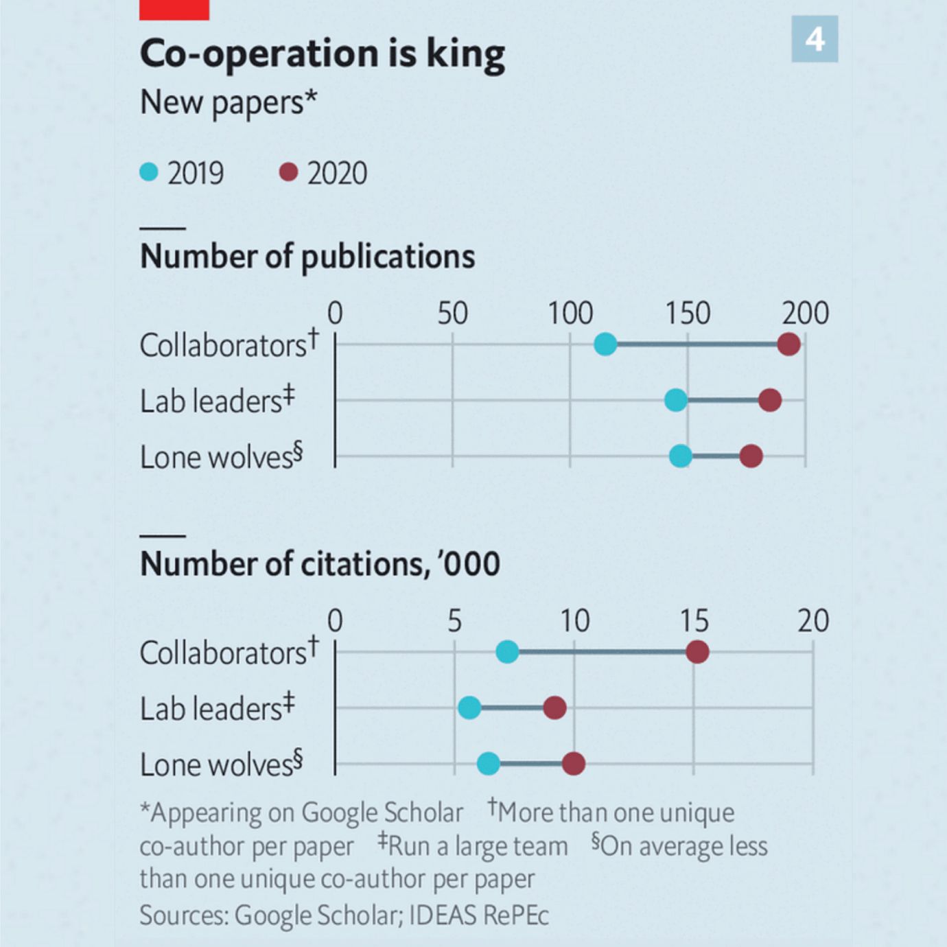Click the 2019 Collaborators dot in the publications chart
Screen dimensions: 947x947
pyautogui.click(x=605, y=344)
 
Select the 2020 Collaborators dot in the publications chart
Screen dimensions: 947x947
pyautogui.click(x=788, y=344)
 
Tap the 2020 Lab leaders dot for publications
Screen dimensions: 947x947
pyautogui.click(x=770, y=400)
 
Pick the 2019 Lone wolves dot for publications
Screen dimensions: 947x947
pyautogui.click(x=680, y=456)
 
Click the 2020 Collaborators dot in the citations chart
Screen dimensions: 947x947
pyautogui.click(x=697, y=652)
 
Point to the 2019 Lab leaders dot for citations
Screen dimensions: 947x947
pyautogui.click(x=469, y=708)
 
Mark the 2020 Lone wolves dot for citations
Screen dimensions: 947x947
pyautogui.click(x=573, y=763)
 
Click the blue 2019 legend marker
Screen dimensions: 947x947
pyautogui.click(x=149, y=172)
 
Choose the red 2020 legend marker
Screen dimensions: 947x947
pyautogui.click(x=288, y=172)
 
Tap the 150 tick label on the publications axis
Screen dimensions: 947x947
pyautogui.click(x=688, y=314)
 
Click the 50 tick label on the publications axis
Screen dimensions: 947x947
pyautogui.click(x=452, y=314)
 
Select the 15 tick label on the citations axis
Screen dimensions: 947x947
pyautogui.click(x=694, y=621)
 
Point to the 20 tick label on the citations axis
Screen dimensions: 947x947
pyautogui.click(x=812, y=621)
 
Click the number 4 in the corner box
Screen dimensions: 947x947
pyautogui.click(x=815, y=39)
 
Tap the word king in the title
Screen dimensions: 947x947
pyautogui.click(x=465, y=54)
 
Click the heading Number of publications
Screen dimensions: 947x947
pyautogui.click(x=307, y=257)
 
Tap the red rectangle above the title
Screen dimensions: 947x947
pyautogui.click(x=174, y=9)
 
